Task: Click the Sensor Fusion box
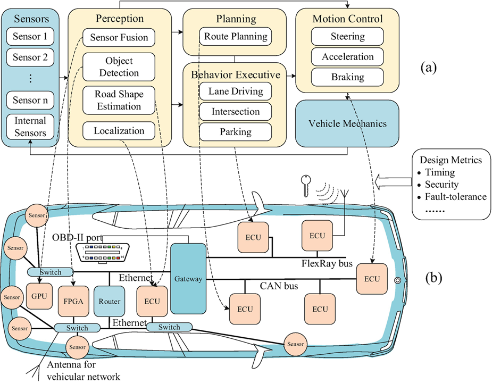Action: tap(119, 38)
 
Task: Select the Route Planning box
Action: tap(235, 38)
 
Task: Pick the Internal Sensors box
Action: tap(30, 127)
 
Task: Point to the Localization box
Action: tap(119, 130)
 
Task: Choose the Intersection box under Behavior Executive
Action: tap(235, 112)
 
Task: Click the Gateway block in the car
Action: tap(188, 279)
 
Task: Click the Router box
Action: tap(109, 301)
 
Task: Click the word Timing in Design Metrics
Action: tap(439, 172)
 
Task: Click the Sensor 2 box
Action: tap(30, 57)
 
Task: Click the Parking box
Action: tap(235, 131)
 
